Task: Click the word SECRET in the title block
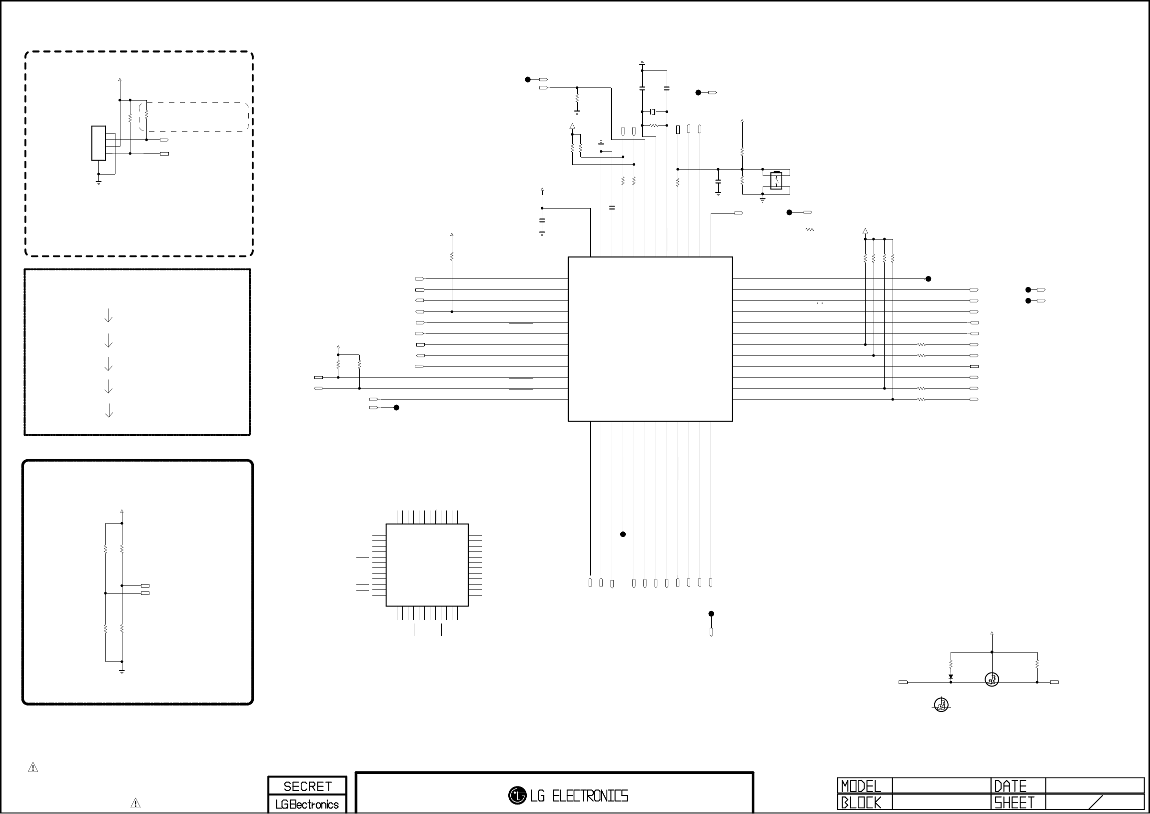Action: (x=307, y=786)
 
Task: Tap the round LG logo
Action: (x=517, y=795)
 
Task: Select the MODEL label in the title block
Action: (x=861, y=785)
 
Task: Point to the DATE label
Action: (x=1010, y=785)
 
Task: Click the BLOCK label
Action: (x=861, y=802)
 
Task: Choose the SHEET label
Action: (x=1014, y=802)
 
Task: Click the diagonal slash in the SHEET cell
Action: (x=1096, y=802)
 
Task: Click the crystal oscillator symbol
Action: (x=653, y=112)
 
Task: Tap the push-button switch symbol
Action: (x=776, y=180)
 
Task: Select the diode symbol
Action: (x=951, y=677)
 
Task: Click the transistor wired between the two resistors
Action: (x=992, y=679)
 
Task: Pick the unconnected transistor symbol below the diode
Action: (x=941, y=705)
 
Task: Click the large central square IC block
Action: (x=650, y=339)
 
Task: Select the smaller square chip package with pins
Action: (x=427, y=565)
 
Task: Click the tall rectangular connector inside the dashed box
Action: (x=98, y=143)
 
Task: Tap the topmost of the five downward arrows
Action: (x=108, y=316)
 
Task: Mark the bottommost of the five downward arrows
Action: (x=108, y=411)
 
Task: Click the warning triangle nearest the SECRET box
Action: (x=135, y=803)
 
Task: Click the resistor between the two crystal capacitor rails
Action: (x=653, y=125)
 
